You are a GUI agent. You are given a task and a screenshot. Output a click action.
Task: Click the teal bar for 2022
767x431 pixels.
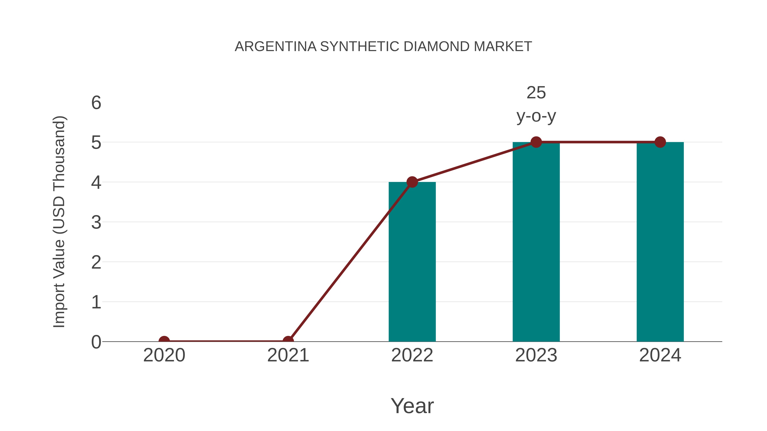pyautogui.click(x=412, y=262)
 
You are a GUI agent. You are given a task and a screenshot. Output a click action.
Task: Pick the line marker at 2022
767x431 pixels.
pyautogui.click(x=412, y=182)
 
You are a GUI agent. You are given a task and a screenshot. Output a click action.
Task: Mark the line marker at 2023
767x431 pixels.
pyautogui.click(x=536, y=142)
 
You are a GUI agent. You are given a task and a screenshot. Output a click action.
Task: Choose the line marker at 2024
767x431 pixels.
pyautogui.click(x=660, y=142)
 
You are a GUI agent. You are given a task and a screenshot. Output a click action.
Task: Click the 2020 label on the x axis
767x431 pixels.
pyautogui.click(x=164, y=355)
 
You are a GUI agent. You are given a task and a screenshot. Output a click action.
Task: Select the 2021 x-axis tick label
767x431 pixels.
pyautogui.click(x=288, y=355)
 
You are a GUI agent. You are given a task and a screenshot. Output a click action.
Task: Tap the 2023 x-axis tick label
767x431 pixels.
pyautogui.click(x=536, y=355)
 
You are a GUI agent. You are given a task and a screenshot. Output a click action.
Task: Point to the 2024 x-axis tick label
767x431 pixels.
pyautogui.click(x=660, y=355)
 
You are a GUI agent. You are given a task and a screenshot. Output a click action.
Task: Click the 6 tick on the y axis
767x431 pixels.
pyautogui.click(x=96, y=103)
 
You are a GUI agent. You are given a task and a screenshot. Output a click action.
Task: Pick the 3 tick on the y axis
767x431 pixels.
pyautogui.click(x=96, y=222)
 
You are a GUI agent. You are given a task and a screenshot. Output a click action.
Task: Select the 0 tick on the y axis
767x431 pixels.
pyautogui.click(x=96, y=342)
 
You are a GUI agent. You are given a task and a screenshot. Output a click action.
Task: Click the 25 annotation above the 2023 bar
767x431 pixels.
pyautogui.click(x=536, y=93)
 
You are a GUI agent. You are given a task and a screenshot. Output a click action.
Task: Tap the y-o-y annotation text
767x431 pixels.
pyautogui.click(x=536, y=116)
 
